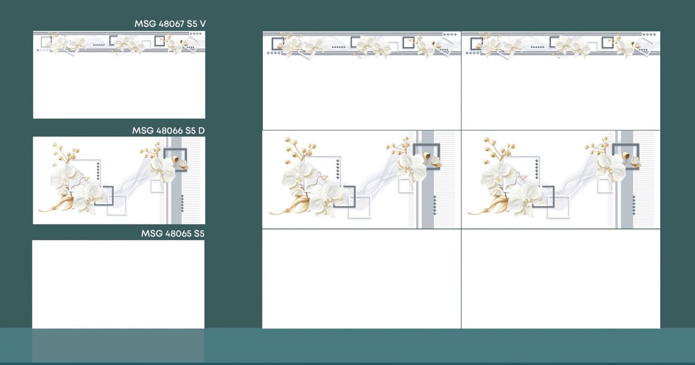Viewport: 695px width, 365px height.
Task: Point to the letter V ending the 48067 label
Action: [202, 24]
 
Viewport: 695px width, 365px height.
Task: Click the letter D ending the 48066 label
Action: [202, 131]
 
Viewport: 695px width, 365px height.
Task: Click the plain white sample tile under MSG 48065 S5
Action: [118, 284]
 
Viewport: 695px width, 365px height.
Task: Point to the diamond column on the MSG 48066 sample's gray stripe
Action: [182, 204]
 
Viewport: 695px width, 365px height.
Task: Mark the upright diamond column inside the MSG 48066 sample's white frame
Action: [98, 171]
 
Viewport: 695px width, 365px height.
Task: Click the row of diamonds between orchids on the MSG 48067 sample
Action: [99, 45]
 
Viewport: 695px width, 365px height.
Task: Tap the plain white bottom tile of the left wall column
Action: [361, 279]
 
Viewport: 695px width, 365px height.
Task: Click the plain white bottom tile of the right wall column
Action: [561, 279]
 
